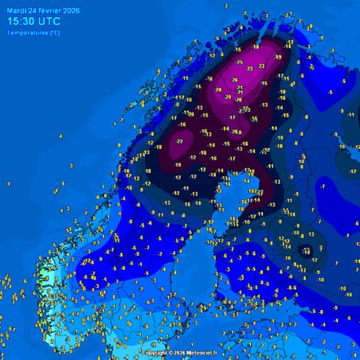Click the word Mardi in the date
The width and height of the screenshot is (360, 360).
[x=16, y=11]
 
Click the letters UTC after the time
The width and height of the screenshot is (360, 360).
[x=50, y=22]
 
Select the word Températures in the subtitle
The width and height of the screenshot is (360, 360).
[x=27, y=33]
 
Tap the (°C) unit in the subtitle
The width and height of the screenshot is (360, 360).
[x=53, y=33]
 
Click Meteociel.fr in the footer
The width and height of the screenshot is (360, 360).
[x=206, y=354]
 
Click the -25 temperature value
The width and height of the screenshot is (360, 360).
[x=239, y=63]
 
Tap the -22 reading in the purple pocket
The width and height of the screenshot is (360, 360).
[x=179, y=141]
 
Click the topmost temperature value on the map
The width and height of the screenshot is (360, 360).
[x=227, y=6]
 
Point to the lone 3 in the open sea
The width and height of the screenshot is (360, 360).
[x=71, y=165]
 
